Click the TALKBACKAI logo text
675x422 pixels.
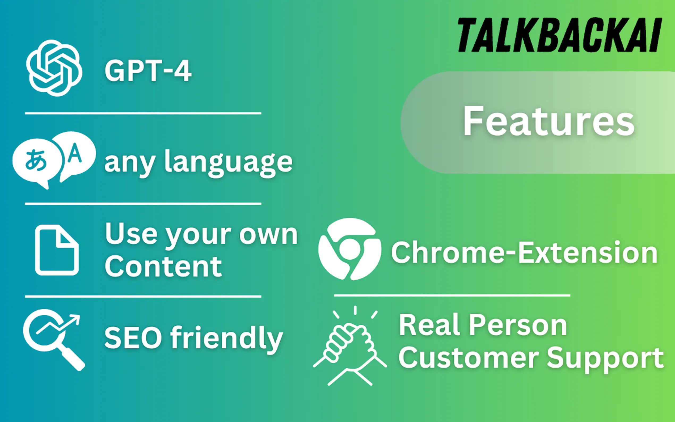[559, 35]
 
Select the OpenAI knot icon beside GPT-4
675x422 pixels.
[54, 68]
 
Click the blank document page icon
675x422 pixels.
[57, 250]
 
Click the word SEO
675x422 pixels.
[133, 337]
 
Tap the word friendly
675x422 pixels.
[227, 340]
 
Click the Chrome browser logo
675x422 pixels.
[350, 249]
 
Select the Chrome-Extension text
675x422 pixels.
[524, 252]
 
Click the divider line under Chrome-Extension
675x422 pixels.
[452, 295]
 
